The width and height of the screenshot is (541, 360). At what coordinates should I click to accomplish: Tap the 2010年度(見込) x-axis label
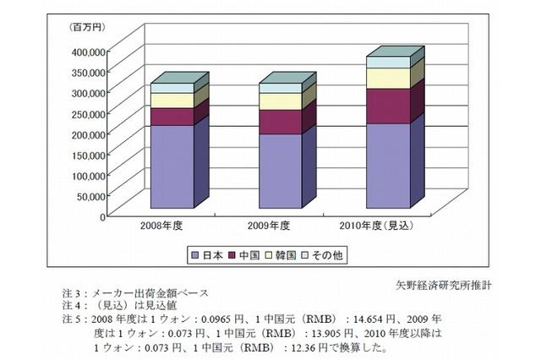click(x=380, y=226)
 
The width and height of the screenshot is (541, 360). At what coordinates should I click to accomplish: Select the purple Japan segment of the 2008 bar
click(x=172, y=166)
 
